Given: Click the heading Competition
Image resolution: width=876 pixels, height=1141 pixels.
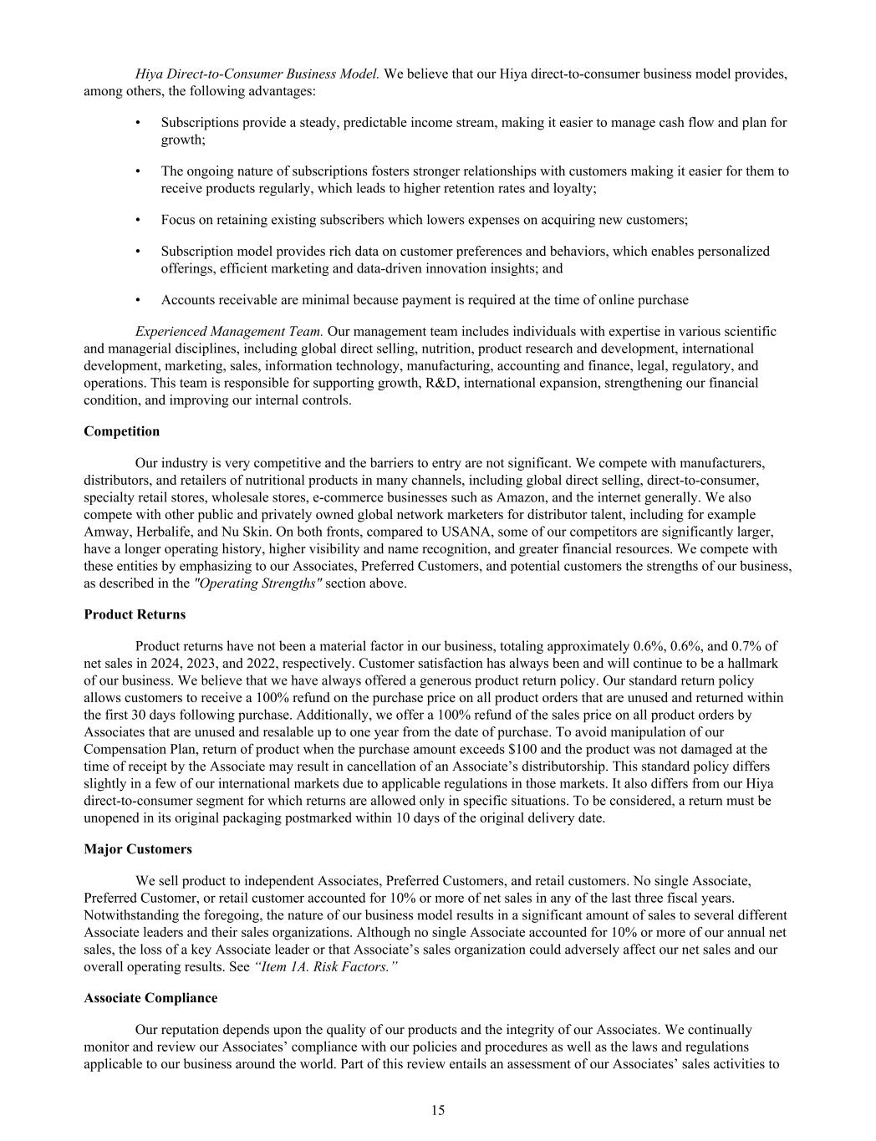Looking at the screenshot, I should click(x=121, y=431).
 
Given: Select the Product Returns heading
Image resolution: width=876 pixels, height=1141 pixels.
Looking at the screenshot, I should click(x=135, y=614).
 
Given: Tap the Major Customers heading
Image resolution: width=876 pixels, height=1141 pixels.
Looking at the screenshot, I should click(x=137, y=849).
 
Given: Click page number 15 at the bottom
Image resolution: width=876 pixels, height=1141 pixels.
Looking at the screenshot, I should click(x=438, y=1110).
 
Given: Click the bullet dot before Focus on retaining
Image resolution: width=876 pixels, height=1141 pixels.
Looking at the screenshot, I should click(x=137, y=220).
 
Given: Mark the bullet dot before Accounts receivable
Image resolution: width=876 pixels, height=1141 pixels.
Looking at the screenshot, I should click(x=137, y=300).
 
